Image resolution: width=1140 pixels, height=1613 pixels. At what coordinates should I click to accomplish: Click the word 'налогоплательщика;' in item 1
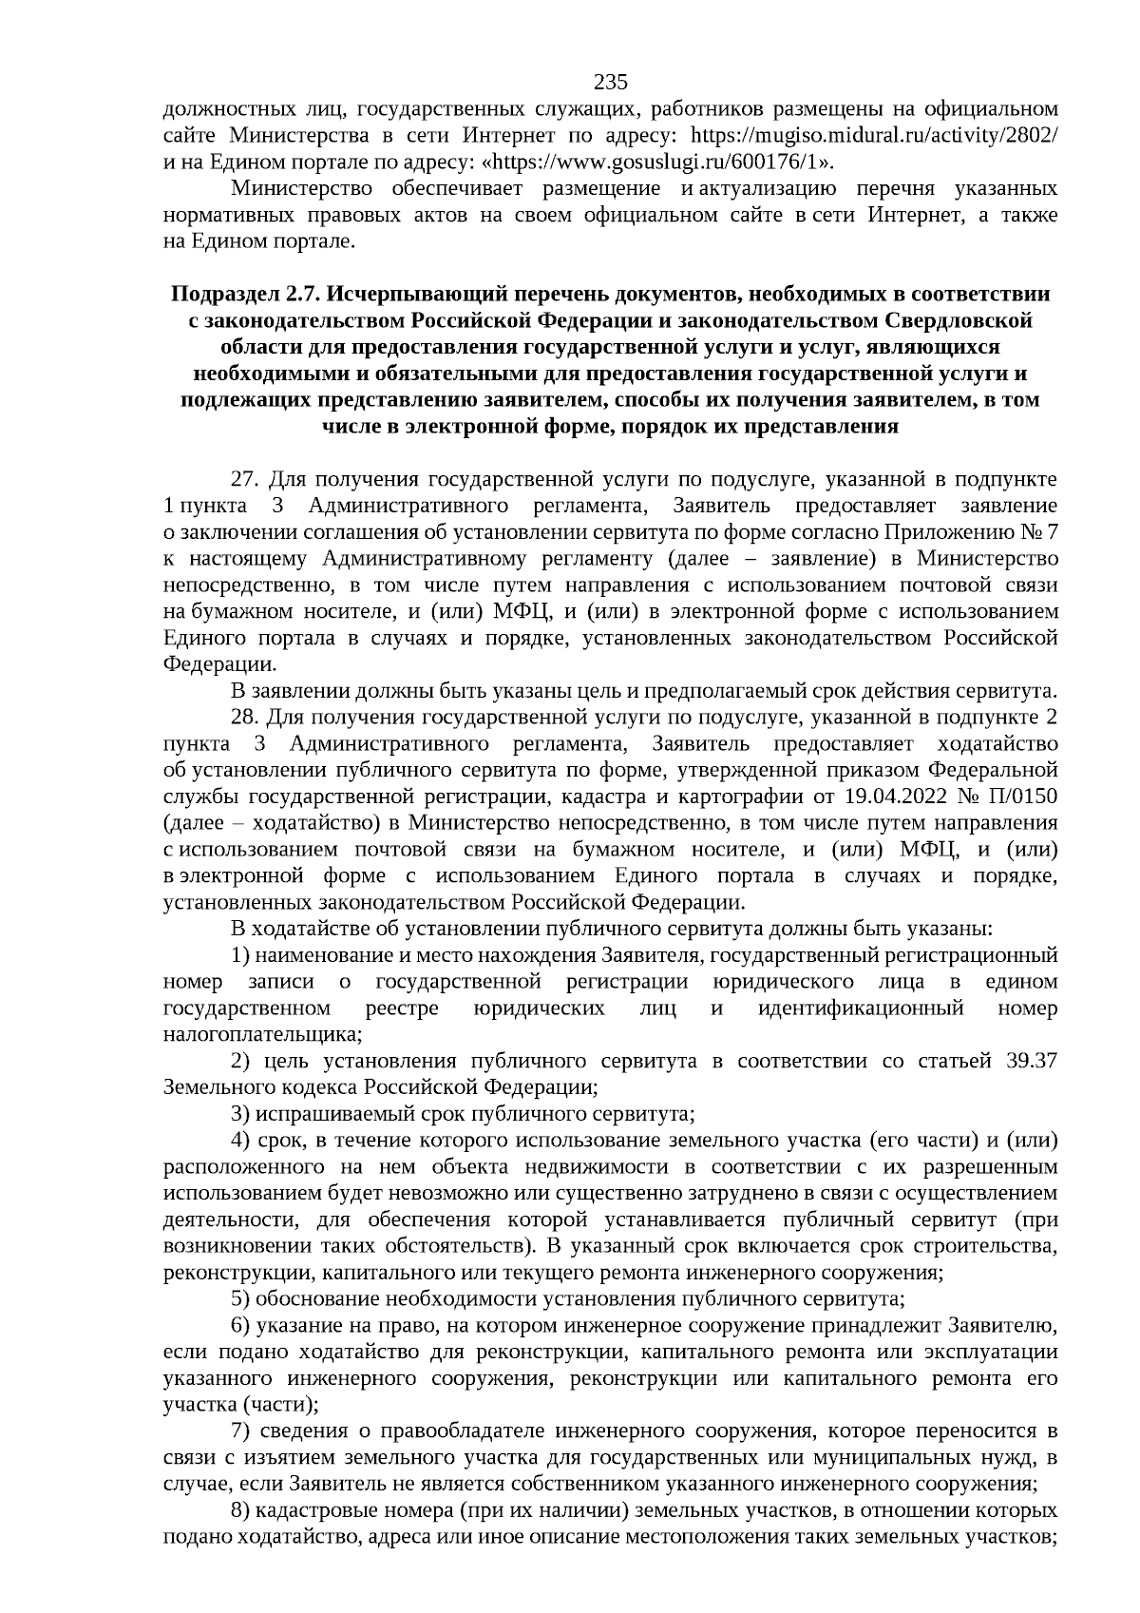pyautogui.click(x=258, y=1033)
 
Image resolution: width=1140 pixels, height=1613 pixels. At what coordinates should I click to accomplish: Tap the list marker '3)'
pyautogui.click(x=240, y=1113)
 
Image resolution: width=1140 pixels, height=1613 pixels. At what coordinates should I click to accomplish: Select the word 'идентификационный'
pyautogui.click(x=861, y=1008)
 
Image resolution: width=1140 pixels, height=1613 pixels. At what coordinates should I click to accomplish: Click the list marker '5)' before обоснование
pyautogui.click(x=240, y=1298)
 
